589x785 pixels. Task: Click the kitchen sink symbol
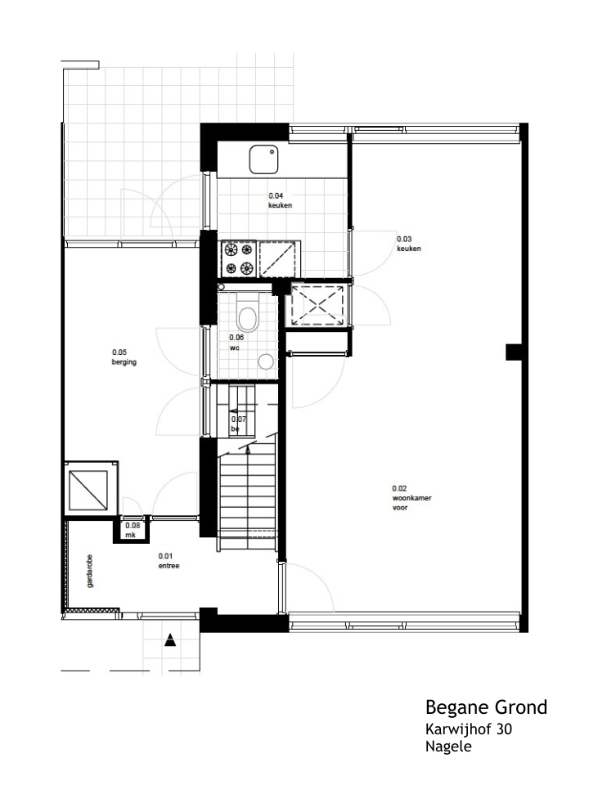pos(263,159)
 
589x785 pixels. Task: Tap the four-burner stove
pos(238,258)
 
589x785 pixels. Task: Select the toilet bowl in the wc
pos(247,313)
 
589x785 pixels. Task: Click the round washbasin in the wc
pos(266,361)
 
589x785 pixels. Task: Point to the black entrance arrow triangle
pos(170,639)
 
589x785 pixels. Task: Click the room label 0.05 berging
pos(124,357)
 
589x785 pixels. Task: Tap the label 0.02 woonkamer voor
pos(411,498)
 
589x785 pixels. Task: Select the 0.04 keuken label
pos(280,200)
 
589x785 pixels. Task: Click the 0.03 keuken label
pos(409,244)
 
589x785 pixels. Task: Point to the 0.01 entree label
pos(169,561)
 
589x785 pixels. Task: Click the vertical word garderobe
pos(90,571)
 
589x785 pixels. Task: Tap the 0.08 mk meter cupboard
pos(131,530)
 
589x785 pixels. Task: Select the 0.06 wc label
pos(236,343)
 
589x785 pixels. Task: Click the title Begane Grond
pos(486,707)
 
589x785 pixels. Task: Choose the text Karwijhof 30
pos(469,729)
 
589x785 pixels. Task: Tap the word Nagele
pos(448,747)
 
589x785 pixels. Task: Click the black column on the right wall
pos(514,352)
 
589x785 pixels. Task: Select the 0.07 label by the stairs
pos(238,424)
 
